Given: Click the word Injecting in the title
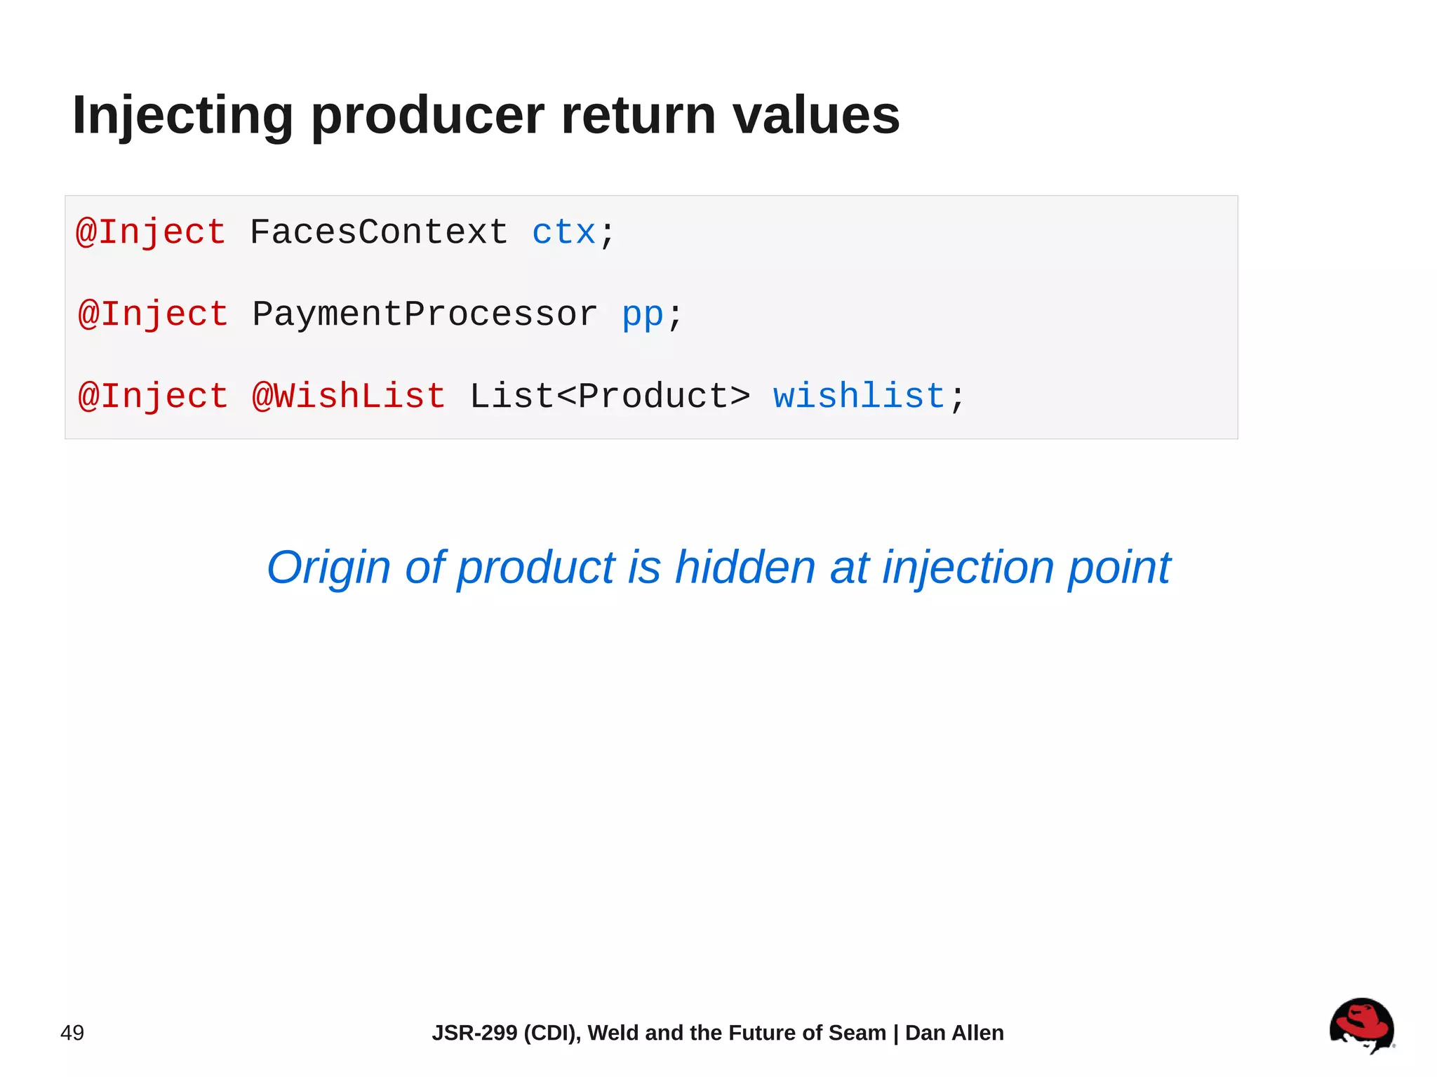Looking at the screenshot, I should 182,116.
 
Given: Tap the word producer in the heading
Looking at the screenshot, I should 427,116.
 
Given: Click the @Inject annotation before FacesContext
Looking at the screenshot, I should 151,232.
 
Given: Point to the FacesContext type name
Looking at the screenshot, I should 379,232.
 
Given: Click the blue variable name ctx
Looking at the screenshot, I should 563,232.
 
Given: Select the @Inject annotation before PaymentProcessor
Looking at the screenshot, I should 153,314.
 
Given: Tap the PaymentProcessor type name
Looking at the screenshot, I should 425,314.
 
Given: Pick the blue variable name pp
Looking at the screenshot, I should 643,314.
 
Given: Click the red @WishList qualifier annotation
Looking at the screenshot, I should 349,396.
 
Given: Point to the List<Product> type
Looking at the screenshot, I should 610,396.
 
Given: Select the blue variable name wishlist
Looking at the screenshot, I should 860,396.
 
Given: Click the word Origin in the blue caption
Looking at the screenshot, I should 328,568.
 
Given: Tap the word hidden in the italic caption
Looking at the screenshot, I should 744,568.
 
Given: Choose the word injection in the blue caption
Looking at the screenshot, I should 968,568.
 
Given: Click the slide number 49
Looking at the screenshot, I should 72,1033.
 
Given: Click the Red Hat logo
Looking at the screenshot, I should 1361,1025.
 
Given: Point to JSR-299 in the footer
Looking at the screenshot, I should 474,1033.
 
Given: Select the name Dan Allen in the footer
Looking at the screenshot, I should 954,1033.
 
